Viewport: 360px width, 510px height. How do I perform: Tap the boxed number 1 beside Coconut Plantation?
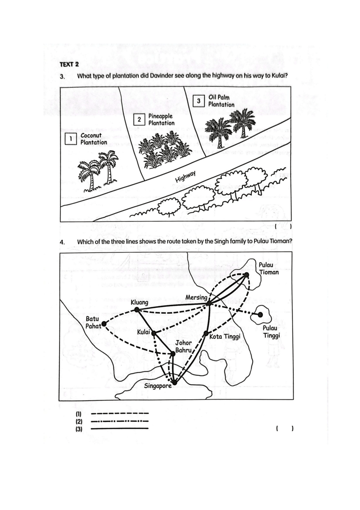(x=70, y=138)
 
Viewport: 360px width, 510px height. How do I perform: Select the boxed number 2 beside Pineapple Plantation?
(x=138, y=119)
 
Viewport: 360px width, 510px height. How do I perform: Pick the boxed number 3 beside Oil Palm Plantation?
(x=198, y=101)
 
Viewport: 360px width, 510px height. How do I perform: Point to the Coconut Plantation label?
(x=94, y=139)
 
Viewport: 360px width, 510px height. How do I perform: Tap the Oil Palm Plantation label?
(x=221, y=101)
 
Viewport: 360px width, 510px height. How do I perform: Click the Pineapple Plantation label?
(x=161, y=119)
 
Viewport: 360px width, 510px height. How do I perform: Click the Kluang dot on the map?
(x=136, y=310)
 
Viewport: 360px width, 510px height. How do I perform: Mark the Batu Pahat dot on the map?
(x=104, y=324)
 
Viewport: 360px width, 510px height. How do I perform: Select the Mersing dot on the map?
(x=208, y=304)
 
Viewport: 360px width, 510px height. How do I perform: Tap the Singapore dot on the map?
(x=174, y=382)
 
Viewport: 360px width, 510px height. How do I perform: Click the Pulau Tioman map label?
(x=269, y=269)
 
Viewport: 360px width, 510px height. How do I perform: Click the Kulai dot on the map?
(x=153, y=334)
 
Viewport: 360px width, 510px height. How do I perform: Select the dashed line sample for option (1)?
(x=120, y=414)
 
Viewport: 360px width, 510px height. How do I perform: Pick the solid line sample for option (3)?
(x=120, y=428)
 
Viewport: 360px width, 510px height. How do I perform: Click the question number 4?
(x=62, y=242)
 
